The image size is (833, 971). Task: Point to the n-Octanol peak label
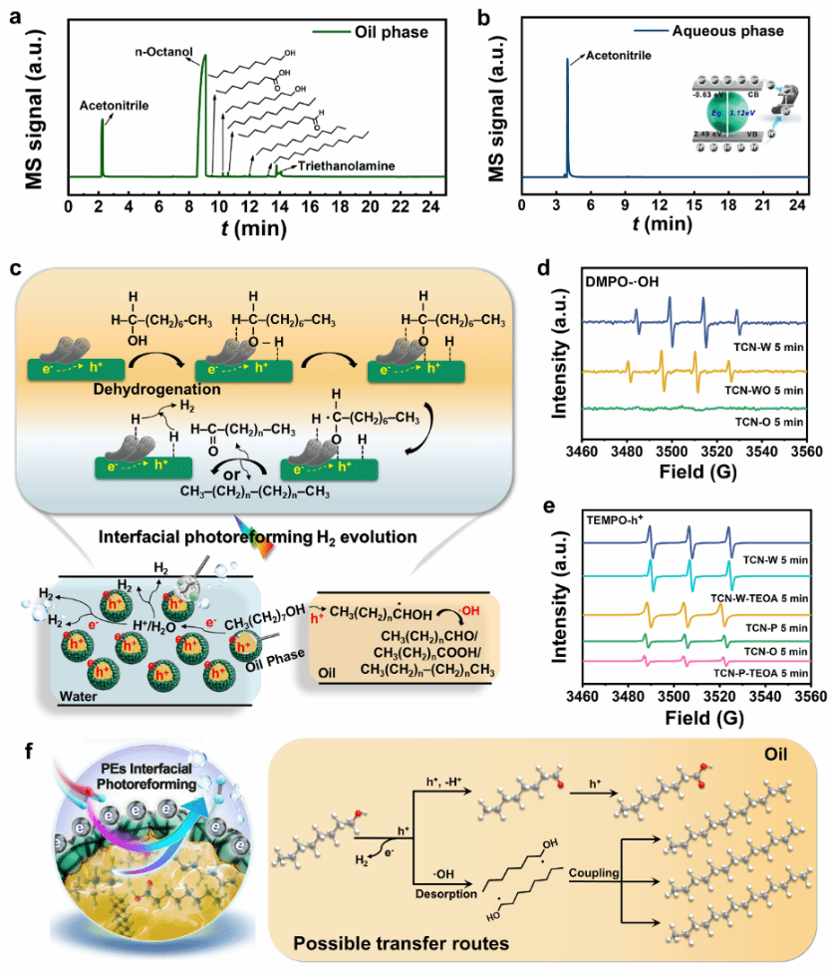tap(165, 49)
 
